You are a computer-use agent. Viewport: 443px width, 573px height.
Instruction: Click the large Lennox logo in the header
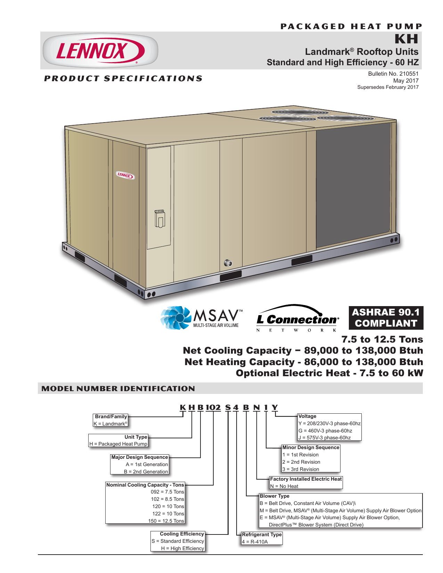point(100,50)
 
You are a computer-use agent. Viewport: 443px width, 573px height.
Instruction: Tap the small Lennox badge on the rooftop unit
point(125,175)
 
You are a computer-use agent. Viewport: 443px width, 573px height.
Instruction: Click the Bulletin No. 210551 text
point(393,74)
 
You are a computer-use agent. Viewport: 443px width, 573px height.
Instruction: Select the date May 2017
point(406,81)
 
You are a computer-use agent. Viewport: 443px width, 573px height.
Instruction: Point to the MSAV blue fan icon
point(176,318)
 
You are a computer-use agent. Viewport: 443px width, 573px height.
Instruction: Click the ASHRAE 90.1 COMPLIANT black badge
point(386,318)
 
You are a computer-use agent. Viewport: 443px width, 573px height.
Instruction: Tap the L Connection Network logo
point(297,318)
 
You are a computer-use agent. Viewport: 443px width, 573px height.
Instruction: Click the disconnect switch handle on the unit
point(160,218)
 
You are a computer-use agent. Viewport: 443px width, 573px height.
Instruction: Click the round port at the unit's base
point(228,263)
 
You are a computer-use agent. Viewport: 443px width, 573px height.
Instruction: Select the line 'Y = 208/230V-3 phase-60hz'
point(329,423)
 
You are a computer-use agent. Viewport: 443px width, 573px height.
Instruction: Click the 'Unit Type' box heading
point(136,437)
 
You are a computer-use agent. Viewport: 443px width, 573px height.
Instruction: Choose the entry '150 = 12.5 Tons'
point(166,521)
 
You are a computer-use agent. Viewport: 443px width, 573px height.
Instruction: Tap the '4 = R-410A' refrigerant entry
point(255,542)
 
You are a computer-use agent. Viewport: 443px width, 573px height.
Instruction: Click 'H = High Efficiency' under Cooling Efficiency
point(182,548)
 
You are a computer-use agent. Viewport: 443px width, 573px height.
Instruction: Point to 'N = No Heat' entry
point(284,486)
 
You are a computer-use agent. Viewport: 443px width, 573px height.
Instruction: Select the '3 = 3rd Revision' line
point(301,469)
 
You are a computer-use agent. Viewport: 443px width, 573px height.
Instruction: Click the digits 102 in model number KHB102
point(213,407)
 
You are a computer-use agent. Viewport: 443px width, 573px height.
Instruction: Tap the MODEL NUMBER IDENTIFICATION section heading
point(118,388)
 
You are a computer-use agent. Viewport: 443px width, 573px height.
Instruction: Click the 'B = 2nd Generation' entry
point(146,471)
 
